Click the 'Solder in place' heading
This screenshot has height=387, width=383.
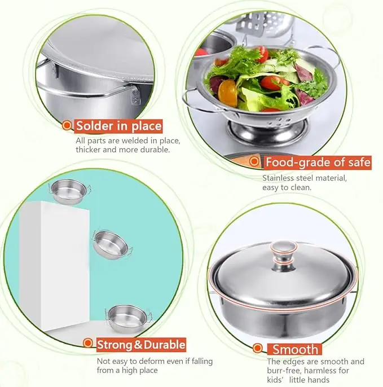coord(119,126)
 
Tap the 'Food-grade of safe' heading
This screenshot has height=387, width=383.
coord(318,163)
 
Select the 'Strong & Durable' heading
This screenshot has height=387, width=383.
coord(141,344)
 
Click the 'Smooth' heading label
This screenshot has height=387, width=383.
coord(296,349)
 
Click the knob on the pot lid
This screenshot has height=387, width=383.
coord(284,252)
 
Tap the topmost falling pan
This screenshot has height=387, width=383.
coord(67,192)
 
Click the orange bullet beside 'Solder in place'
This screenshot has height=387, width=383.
coord(67,126)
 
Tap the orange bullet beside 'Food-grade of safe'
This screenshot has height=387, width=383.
coord(256,163)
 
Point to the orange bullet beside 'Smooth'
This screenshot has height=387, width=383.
coord(258,349)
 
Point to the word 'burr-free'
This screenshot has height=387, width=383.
coord(285,371)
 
